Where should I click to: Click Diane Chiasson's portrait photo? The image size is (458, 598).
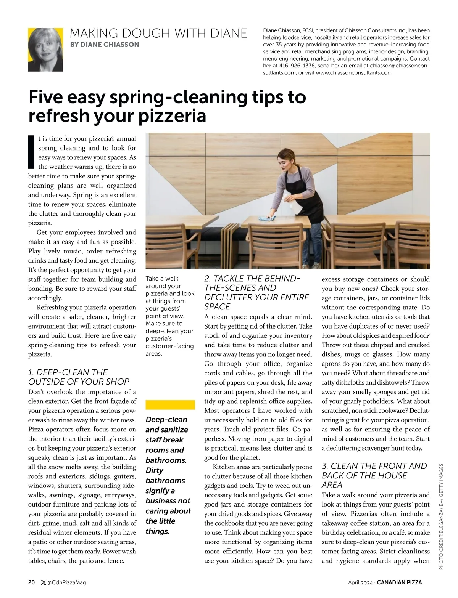coord(45,50)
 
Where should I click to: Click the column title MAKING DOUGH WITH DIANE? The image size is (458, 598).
coord(158,33)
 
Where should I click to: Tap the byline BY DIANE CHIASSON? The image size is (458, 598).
coord(105,45)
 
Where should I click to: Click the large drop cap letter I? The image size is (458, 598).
coord(32,151)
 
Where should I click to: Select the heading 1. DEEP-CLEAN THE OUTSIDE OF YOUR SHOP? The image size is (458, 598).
coord(79,377)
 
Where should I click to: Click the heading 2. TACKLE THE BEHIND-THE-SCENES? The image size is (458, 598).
coord(256,292)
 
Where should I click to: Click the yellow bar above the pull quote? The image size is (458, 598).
coord(170,405)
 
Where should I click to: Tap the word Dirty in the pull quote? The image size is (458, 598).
coord(155,470)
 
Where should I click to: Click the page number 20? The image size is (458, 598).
coord(31,582)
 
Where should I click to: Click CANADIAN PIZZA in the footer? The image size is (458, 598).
coord(399,582)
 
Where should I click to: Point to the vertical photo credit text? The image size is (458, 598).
coord(441,516)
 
